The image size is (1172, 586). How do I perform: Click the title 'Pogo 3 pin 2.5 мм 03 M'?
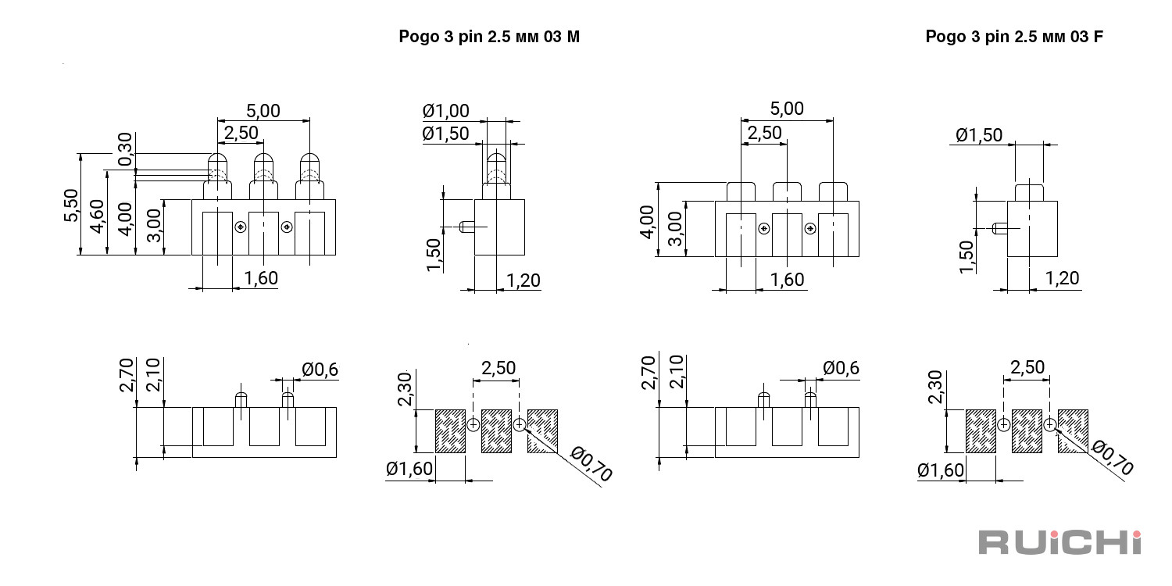click(x=489, y=37)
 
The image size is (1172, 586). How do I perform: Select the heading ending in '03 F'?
click(x=1014, y=37)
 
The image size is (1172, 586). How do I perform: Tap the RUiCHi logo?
click(x=1060, y=542)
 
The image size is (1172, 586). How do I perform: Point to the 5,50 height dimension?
click(x=71, y=205)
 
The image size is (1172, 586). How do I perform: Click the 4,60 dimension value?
click(x=98, y=216)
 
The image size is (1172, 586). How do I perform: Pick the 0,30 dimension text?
click(x=125, y=149)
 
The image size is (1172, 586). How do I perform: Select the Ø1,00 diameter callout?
click(x=446, y=111)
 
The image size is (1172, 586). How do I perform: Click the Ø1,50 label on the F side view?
click(x=979, y=135)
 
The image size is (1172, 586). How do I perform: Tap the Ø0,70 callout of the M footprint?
click(x=591, y=463)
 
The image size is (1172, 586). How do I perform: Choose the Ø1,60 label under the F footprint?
click(x=940, y=471)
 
